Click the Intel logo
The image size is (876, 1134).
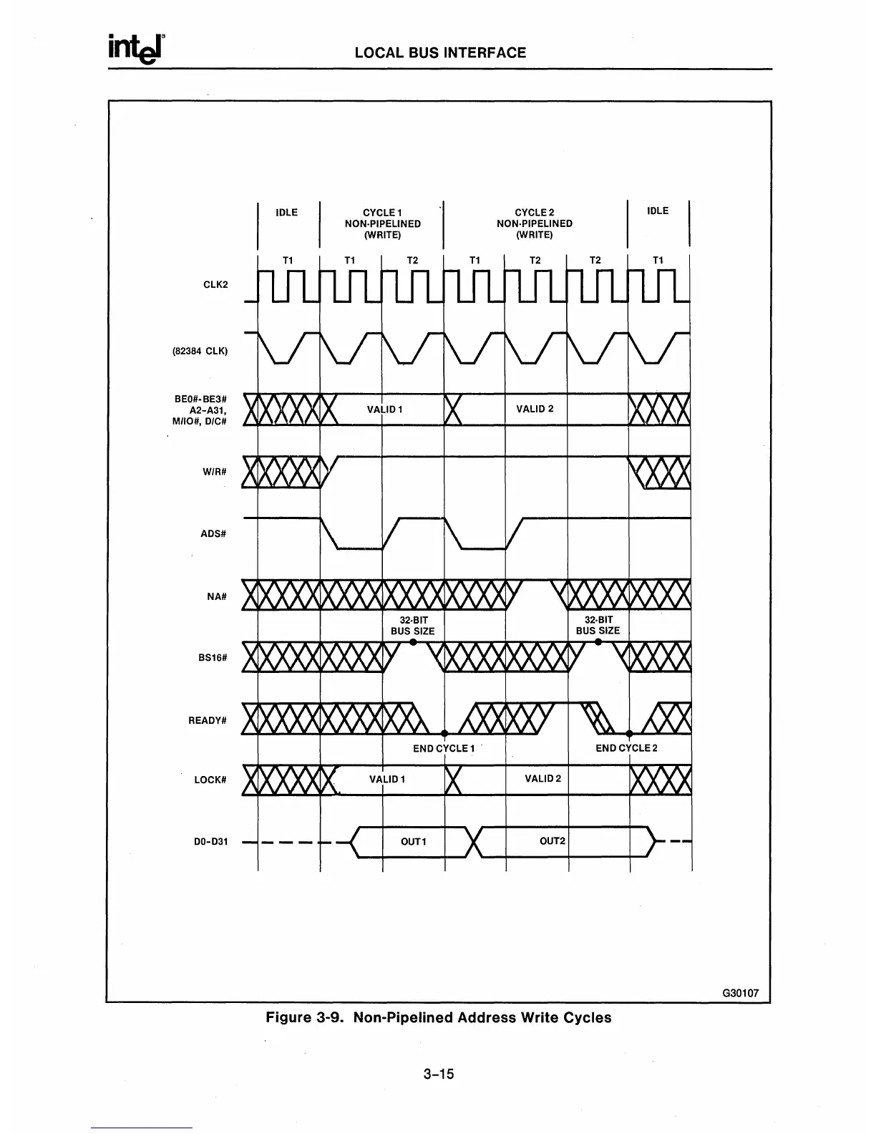(x=137, y=49)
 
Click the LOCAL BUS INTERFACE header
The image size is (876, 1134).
(x=440, y=52)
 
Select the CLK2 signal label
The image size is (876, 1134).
(x=215, y=284)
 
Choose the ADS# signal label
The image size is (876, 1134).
(x=213, y=533)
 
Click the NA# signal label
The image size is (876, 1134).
(x=216, y=596)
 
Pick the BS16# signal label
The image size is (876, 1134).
(x=213, y=658)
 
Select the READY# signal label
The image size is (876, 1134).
(x=208, y=720)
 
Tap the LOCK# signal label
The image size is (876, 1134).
(x=210, y=780)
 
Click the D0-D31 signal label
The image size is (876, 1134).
(x=211, y=841)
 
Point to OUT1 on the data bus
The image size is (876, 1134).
(x=413, y=841)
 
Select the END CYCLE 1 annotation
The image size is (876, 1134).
(x=444, y=748)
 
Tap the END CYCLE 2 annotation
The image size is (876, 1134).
(x=626, y=748)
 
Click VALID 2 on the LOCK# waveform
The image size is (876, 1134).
(x=542, y=778)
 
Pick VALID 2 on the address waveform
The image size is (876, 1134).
(x=535, y=409)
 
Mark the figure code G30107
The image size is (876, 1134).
(x=740, y=994)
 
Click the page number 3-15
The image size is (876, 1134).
(x=439, y=1074)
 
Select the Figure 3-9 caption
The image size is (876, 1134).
(x=439, y=1017)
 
